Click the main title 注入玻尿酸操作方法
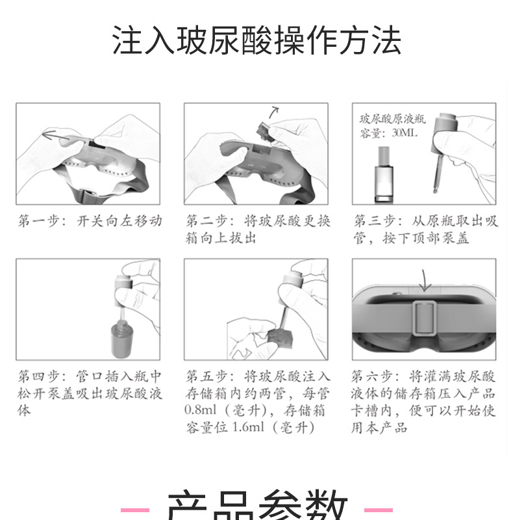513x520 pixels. (x=256, y=40)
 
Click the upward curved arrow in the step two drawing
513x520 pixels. (x=274, y=112)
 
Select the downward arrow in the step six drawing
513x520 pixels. (x=424, y=281)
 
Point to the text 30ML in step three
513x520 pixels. (x=405, y=133)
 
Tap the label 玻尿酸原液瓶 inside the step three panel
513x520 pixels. (x=392, y=119)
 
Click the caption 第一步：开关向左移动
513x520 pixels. (x=90, y=221)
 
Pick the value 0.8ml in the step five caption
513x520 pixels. (x=201, y=410)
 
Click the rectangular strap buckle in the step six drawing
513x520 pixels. (x=424, y=318)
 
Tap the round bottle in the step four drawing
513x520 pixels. (x=122, y=338)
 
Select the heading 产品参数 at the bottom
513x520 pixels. (x=257, y=505)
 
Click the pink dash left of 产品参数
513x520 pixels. (x=135, y=510)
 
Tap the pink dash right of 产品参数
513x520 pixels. (x=379, y=510)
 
